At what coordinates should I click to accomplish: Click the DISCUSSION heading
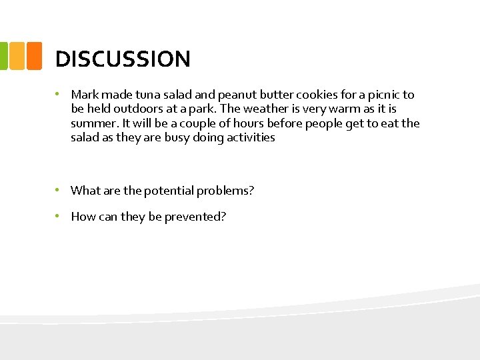[x=123, y=59]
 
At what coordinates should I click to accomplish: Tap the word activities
[x=249, y=137]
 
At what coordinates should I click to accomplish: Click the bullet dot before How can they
[x=59, y=216]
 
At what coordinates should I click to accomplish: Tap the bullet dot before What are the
[x=59, y=190]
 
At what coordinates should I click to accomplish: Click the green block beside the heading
[x=3, y=56]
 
